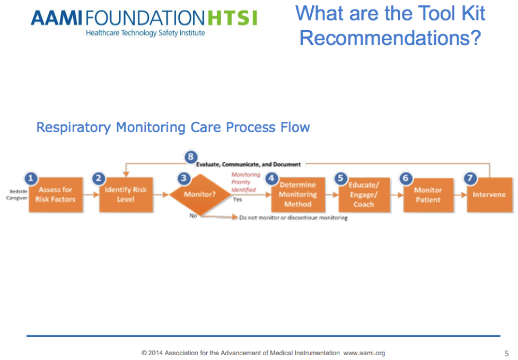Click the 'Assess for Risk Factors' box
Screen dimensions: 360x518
pos(56,195)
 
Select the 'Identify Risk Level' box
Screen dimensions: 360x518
pos(126,195)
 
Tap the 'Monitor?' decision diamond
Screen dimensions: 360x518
pos(200,195)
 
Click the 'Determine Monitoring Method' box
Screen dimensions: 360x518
pos(297,195)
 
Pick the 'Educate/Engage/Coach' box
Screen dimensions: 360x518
pos(363,195)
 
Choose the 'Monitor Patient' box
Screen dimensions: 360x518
pos(428,195)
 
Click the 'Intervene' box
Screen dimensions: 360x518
pos(489,195)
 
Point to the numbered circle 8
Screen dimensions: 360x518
pos(191,157)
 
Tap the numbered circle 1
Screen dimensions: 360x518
pos(31,179)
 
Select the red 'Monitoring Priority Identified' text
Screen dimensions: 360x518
pos(244,182)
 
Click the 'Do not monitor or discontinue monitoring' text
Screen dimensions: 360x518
pos(293,218)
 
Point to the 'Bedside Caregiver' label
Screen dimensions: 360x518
pos(18,195)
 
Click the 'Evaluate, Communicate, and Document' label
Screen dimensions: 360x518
pos(249,164)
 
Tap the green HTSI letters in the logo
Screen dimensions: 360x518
pos(232,19)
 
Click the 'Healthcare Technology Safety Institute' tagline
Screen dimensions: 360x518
pos(145,33)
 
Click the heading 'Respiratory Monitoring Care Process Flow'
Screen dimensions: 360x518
pos(173,127)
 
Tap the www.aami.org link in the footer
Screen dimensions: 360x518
pos(364,353)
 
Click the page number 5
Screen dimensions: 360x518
pos(506,353)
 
